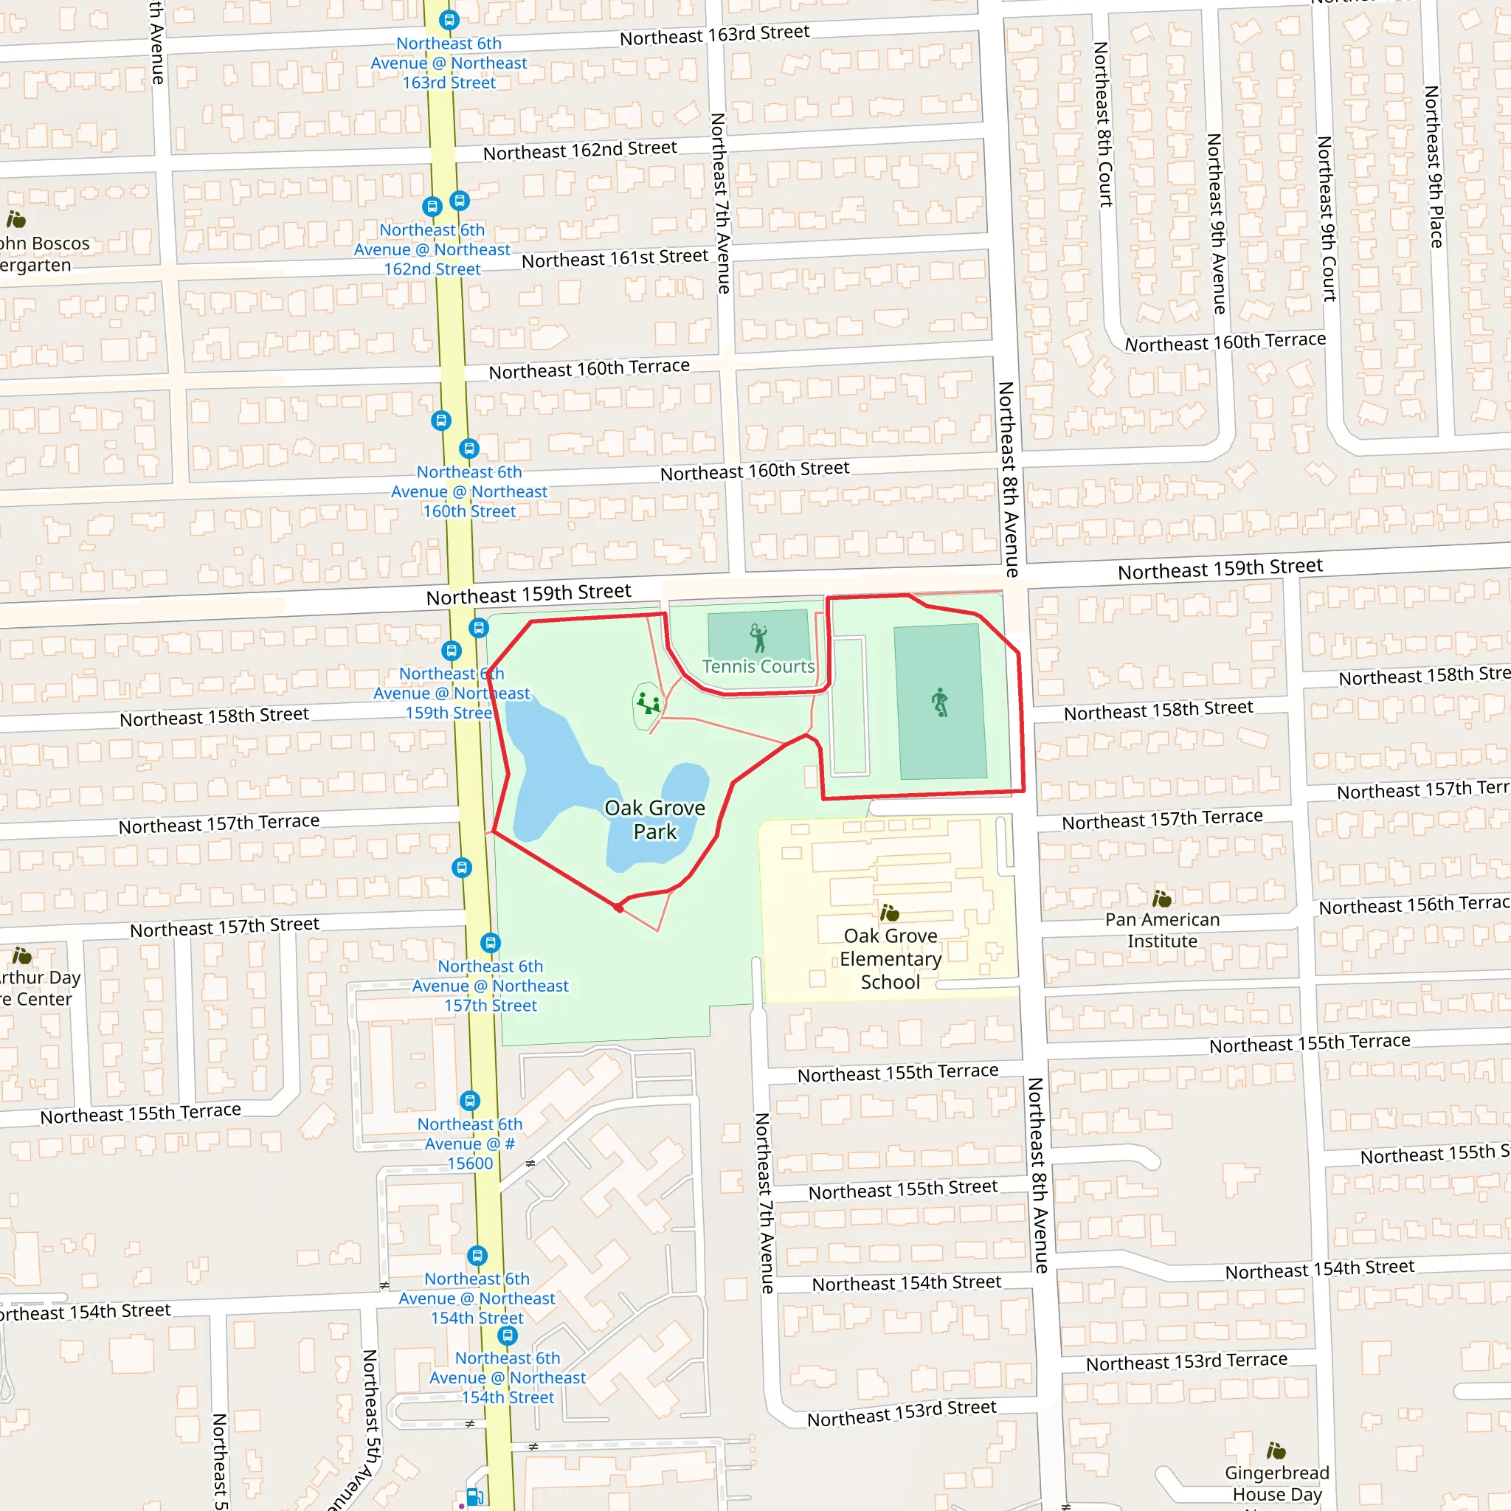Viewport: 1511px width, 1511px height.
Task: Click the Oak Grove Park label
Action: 654,819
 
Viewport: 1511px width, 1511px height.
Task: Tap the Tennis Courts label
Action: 758,666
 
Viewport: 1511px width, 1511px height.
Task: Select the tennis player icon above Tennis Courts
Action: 758,637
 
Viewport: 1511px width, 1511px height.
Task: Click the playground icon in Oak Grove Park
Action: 648,703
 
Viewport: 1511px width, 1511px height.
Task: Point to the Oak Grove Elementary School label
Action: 890,958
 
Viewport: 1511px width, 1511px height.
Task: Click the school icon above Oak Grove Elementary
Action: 889,913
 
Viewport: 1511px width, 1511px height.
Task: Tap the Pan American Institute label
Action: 1161,930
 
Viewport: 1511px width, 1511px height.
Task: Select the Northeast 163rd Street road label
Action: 714,35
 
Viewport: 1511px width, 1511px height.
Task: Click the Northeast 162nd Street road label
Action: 579,151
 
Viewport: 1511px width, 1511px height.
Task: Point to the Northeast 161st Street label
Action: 615,258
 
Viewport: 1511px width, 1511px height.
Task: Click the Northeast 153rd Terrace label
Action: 1186,1362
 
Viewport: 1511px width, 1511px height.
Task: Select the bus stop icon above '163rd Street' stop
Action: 449,20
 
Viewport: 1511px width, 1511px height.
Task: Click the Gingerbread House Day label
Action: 1276,1483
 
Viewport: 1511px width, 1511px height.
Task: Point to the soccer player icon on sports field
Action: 940,702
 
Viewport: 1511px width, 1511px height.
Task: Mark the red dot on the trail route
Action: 618,908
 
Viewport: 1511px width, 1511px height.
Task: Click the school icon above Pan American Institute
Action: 1161,899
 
